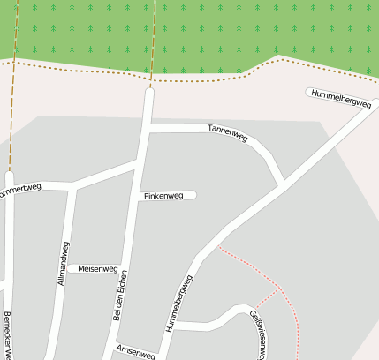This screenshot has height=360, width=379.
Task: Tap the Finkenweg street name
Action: pos(163,195)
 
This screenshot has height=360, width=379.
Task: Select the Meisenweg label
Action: pos(98,267)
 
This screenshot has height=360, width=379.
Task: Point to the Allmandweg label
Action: pos(63,262)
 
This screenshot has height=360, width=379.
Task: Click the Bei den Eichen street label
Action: pos(120,295)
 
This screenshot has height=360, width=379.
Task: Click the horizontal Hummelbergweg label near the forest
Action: pos(342,97)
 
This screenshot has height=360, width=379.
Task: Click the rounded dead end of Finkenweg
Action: pos(192,195)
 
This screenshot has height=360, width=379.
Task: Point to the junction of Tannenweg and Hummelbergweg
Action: pos(283,187)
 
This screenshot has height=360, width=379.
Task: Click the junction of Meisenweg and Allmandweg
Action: pos(67,268)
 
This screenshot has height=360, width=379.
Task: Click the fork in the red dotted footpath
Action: pos(280,289)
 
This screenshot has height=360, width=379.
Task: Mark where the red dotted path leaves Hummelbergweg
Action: pos(217,247)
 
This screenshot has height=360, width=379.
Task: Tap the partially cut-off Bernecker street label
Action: pos(7,336)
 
